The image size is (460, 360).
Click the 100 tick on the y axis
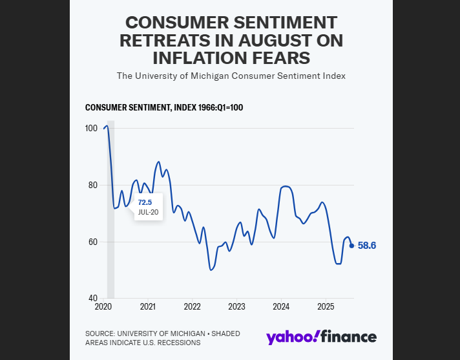[91, 128]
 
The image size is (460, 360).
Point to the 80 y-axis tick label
[92, 185]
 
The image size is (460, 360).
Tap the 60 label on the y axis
[92, 242]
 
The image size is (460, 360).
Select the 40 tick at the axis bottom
[92, 299]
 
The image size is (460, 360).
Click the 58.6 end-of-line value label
[367, 246]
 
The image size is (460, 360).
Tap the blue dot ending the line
[351, 246]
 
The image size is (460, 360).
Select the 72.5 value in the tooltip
[146, 202]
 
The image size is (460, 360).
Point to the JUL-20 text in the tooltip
[148, 212]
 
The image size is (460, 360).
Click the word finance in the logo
[349, 337]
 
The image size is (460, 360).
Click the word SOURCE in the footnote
[100, 334]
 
